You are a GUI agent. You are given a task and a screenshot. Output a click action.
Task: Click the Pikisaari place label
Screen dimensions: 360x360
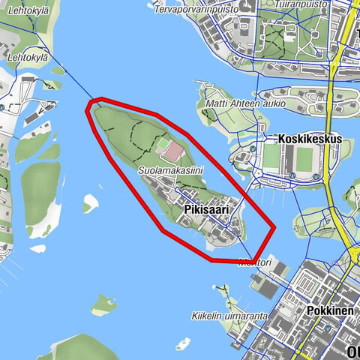[x=207, y=210]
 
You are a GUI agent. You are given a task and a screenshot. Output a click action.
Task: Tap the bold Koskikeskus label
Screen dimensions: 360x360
[x=309, y=139]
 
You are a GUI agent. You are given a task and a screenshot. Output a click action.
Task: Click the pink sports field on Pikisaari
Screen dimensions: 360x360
[x=174, y=151]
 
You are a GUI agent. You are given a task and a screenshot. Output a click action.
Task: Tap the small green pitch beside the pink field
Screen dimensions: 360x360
[x=162, y=142]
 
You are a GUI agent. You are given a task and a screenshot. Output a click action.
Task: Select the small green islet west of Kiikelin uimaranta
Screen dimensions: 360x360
[x=103, y=304]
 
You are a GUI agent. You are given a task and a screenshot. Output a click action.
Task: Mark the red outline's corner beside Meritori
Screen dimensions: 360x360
[x=256, y=261]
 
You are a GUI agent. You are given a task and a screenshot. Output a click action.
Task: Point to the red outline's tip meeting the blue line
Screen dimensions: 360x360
[x=91, y=100]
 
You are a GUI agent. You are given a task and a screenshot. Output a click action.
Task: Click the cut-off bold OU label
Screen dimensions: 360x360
[x=352, y=352]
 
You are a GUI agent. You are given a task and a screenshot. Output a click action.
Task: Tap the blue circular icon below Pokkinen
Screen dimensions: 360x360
[x=328, y=328]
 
